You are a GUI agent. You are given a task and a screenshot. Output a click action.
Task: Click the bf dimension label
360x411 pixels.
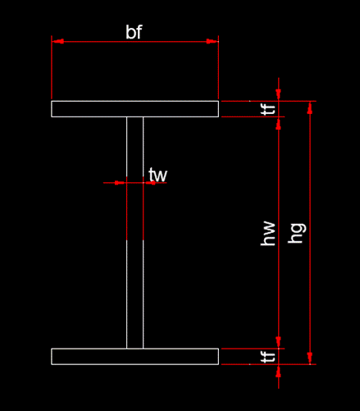click(x=134, y=32)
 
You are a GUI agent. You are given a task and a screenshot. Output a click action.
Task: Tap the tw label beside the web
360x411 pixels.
click(x=157, y=175)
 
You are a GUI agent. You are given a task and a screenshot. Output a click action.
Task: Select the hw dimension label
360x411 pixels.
click(x=268, y=234)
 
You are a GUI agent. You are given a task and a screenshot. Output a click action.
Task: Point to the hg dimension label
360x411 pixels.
click(x=297, y=233)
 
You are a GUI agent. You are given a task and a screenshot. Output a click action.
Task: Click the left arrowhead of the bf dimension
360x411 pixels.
click(x=57, y=41)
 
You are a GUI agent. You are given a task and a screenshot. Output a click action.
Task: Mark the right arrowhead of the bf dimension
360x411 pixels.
click(x=212, y=41)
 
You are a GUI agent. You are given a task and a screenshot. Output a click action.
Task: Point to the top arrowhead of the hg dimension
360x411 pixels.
click(x=310, y=107)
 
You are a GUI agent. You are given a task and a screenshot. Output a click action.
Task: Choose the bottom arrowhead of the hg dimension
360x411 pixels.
click(x=310, y=358)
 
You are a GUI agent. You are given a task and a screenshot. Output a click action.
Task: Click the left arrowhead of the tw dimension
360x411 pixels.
click(x=121, y=183)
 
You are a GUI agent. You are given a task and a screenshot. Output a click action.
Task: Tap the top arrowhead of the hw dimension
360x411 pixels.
click(x=279, y=123)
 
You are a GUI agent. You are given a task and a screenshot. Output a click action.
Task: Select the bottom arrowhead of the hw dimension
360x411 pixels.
click(x=279, y=342)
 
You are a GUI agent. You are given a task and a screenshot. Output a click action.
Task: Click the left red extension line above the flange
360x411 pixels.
click(x=52, y=67)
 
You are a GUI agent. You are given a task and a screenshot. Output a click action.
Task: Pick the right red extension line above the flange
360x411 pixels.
click(x=218, y=67)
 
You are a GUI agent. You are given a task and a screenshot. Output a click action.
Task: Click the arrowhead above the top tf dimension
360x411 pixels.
click(x=279, y=95)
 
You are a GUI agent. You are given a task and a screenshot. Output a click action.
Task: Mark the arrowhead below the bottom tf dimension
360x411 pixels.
click(x=279, y=371)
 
